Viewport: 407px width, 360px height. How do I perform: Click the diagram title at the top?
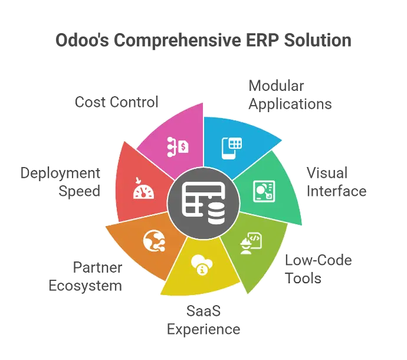pos(203,40)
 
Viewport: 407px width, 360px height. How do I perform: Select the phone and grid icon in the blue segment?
pos(232,146)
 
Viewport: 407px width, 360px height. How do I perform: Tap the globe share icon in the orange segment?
pos(153,240)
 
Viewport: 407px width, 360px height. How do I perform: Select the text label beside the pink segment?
pos(118,102)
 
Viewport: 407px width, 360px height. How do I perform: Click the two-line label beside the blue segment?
pos(289,94)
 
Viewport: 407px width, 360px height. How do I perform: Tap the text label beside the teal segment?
pos(337,182)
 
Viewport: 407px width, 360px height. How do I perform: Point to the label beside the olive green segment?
pos(319,269)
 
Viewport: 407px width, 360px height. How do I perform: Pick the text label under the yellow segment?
pos(202,319)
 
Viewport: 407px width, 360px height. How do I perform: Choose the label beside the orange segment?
pos(86,276)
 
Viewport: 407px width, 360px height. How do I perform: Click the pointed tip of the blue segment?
pos(282,140)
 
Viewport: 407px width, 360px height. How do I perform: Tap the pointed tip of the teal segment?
pos(302,225)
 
